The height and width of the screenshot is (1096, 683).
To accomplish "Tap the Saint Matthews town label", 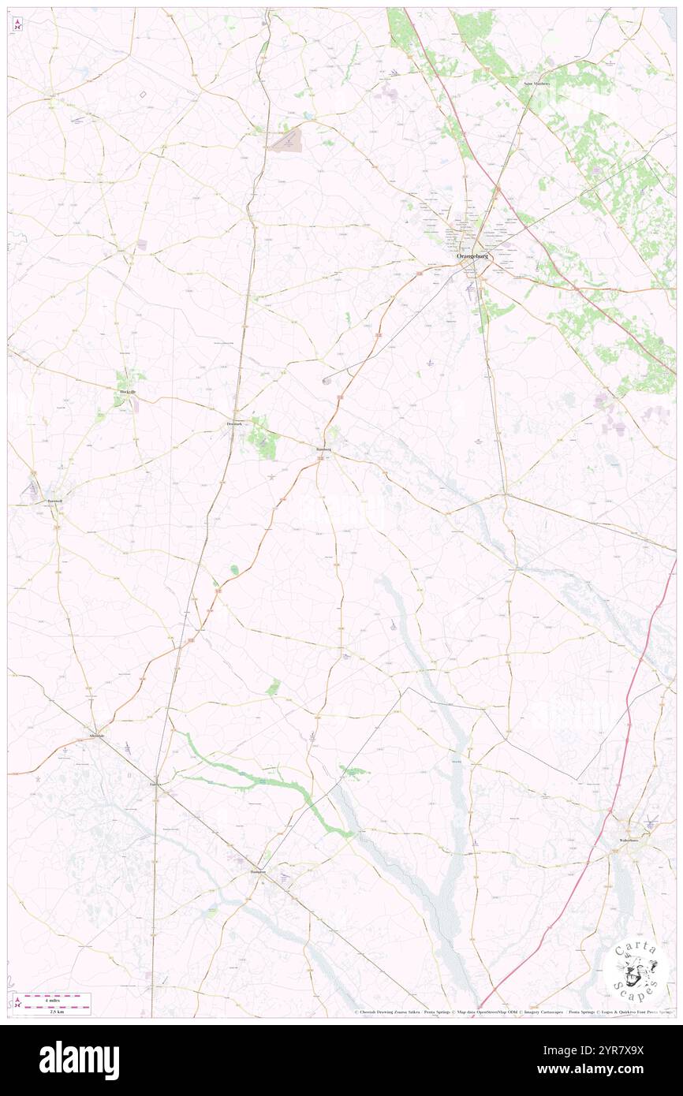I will pyautogui.click(x=536, y=83).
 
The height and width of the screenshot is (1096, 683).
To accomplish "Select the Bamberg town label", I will pyautogui.click(x=323, y=449).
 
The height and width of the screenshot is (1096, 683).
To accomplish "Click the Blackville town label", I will pyautogui.click(x=127, y=392).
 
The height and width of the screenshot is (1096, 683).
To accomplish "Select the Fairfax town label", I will pyautogui.click(x=156, y=785).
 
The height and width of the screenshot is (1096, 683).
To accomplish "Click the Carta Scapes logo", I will pyautogui.click(x=636, y=969).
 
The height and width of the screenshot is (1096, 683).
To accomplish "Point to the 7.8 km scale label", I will pyautogui.click(x=58, y=1011).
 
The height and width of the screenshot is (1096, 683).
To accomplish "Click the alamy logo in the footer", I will pyautogui.click(x=79, y=1060).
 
